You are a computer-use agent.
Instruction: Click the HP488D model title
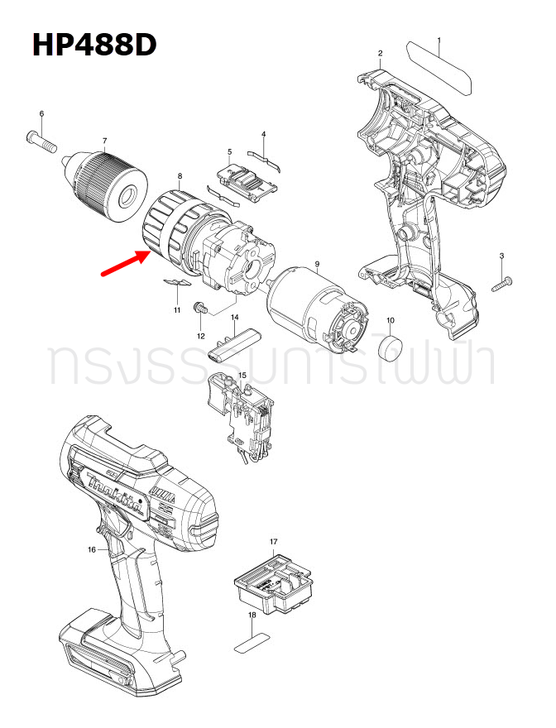pyautogui.click(x=94, y=45)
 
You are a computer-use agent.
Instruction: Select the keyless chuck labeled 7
pyautogui.click(x=108, y=184)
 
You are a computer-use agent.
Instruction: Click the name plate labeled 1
pyautogui.click(x=439, y=67)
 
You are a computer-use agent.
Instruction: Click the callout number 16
pyautogui.click(x=92, y=549)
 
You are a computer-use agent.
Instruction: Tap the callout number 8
pyautogui.click(x=180, y=176)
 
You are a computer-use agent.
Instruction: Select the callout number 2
pyautogui.click(x=380, y=54)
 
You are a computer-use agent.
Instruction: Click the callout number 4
pyautogui.click(x=263, y=134)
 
